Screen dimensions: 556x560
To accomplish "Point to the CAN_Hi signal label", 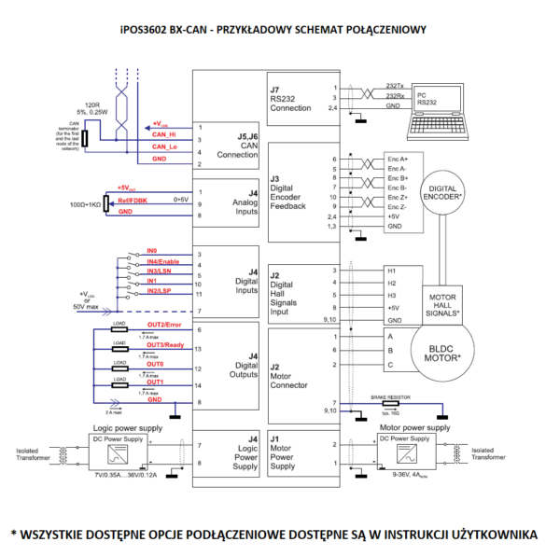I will (x=163, y=136).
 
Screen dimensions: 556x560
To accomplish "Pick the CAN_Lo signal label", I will (x=164, y=147).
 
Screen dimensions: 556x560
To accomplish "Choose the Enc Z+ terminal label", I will (x=397, y=198).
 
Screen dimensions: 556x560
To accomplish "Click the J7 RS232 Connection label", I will (x=288, y=96).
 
